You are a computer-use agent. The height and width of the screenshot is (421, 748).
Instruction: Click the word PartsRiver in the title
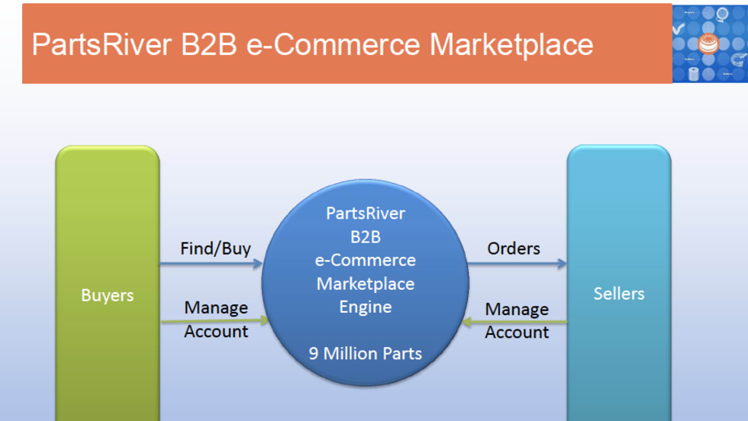point(102,44)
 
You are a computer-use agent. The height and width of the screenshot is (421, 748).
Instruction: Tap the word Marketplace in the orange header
point(511,44)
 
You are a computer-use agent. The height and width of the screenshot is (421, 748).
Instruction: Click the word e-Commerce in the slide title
point(334,44)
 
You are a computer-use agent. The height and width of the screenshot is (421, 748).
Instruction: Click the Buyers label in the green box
point(107,295)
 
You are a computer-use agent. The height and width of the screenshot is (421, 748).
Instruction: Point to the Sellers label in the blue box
point(618,294)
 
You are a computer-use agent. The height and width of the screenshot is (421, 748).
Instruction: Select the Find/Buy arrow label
point(215,249)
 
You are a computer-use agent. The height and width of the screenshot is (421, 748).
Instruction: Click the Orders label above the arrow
point(514,249)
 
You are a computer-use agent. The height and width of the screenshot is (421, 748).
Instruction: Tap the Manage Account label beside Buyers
point(216,320)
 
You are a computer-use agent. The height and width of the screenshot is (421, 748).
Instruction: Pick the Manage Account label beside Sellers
point(517,320)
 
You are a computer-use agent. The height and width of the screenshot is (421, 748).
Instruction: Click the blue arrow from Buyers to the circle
point(211,264)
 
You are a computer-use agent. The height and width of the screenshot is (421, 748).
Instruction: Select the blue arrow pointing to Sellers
point(517,264)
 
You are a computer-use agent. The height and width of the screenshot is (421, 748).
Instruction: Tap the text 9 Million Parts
point(365,353)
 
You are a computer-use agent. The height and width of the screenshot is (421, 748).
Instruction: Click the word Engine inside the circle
point(365,307)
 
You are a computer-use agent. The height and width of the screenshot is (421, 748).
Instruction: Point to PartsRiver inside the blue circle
point(365,213)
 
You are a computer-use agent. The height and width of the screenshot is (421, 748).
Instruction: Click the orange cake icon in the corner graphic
point(709,43)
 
